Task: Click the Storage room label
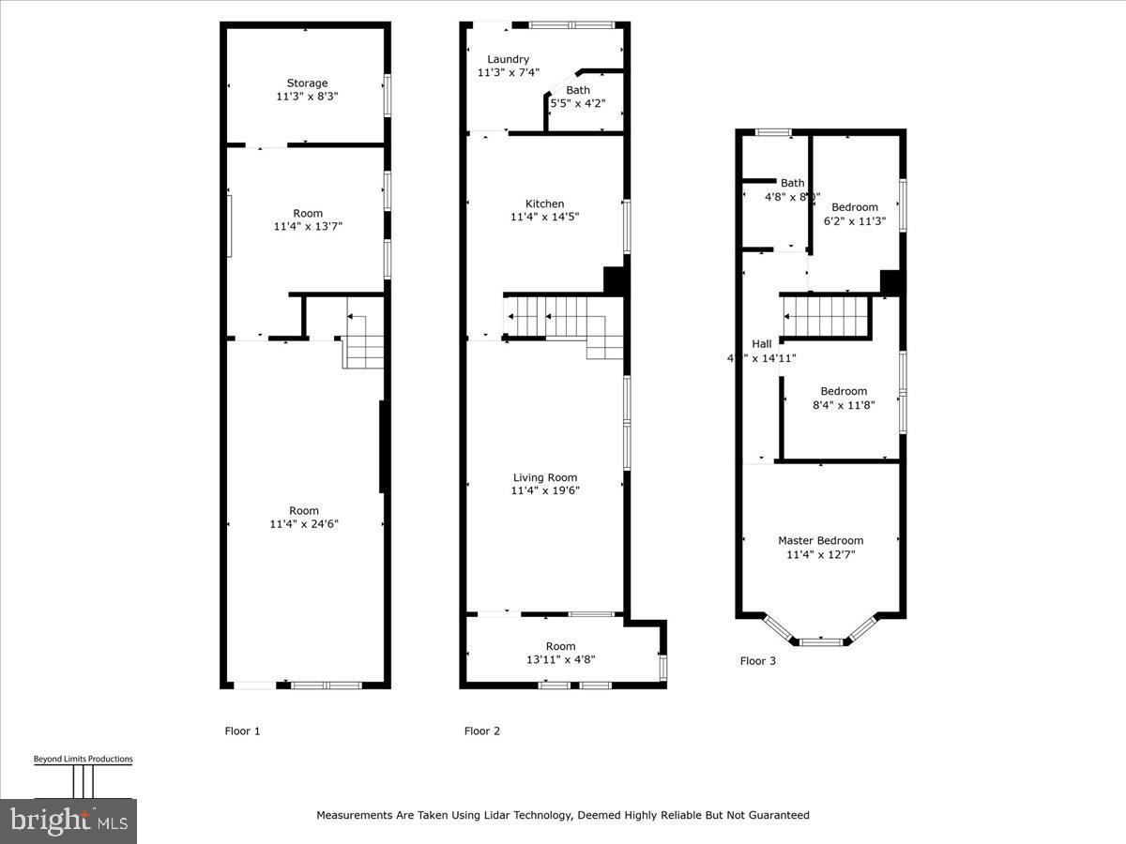tap(307, 83)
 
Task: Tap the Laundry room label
tap(508, 59)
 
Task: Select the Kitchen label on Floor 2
tap(544, 203)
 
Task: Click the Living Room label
tap(544, 477)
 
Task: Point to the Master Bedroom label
tap(820, 540)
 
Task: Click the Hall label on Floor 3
tap(762, 343)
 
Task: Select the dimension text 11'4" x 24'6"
tap(304, 524)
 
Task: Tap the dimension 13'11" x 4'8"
tap(561, 659)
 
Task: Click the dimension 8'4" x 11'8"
tap(844, 405)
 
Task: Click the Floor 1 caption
tap(242, 731)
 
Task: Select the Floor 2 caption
tap(482, 731)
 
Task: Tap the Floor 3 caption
tap(758, 660)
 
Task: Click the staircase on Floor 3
tap(826, 316)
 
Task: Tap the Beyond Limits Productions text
tap(83, 760)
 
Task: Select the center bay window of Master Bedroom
tap(821, 641)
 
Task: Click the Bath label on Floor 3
tap(793, 183)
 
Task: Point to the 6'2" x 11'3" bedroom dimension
tap(854, 221)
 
